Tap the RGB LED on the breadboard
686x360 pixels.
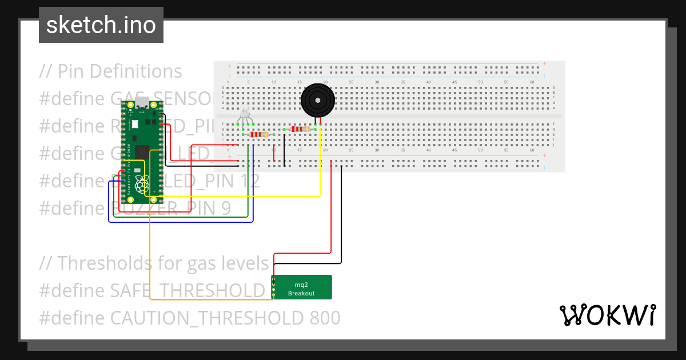point(245,113)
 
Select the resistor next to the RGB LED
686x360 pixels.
point(260,134)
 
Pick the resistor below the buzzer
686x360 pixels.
point(300,129)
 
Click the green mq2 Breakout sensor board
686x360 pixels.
point(301,287)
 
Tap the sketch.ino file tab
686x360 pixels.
point(101,25)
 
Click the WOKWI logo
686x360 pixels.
point(607,315)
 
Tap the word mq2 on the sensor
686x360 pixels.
point(301,284)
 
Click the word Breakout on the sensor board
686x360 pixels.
point(301,293)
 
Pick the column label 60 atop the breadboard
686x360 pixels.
point(532,83)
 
